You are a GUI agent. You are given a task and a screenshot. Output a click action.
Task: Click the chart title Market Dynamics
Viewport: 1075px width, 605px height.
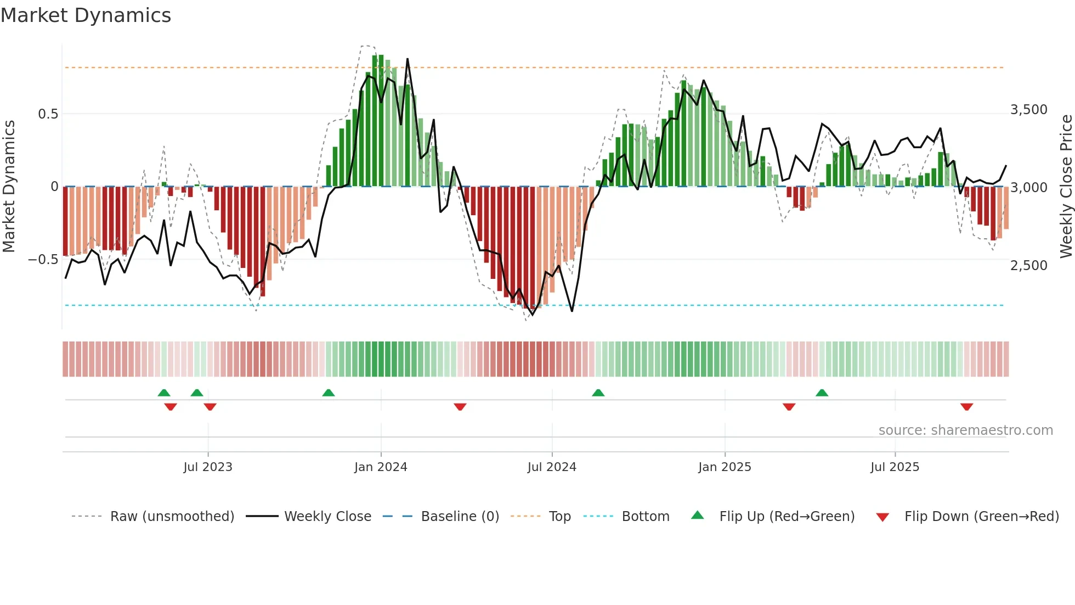(x=86, y=15)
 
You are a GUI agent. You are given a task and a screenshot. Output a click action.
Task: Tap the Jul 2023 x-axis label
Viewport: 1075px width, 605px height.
(x=208, y=467)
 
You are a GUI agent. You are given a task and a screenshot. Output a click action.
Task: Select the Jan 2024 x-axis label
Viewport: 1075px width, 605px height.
(x=381, y=467)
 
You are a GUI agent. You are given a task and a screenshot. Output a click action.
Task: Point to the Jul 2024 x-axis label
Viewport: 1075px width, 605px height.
(x=552, y=467)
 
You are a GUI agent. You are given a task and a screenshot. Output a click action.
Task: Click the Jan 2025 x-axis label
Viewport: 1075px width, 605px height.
(x=725, y=467)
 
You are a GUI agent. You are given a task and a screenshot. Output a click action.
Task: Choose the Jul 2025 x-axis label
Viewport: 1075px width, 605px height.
(x=895, y=467)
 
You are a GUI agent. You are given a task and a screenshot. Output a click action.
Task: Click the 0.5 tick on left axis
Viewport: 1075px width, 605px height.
(x=48, y=114)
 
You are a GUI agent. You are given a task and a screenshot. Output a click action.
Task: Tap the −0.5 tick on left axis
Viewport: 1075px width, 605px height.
(x=43, y=259)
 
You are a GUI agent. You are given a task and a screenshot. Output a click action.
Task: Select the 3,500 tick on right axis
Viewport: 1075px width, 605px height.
(x=1028, y=110)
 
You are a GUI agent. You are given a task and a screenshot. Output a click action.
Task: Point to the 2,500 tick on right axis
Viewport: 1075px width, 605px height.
(x=1028, y=266)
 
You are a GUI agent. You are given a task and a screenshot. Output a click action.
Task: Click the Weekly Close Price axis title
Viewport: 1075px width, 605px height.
(x=1066, y=186)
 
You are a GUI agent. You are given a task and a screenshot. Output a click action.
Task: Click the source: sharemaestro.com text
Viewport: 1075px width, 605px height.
(x=965, y=430)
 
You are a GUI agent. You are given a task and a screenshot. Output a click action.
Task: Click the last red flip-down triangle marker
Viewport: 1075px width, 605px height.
(x=966, y=407)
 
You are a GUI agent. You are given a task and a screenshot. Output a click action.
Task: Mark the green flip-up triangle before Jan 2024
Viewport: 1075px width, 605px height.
(x=328, y=393)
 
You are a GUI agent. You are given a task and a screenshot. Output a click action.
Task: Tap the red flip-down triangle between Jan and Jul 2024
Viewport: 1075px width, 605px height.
(x=460, y=407)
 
